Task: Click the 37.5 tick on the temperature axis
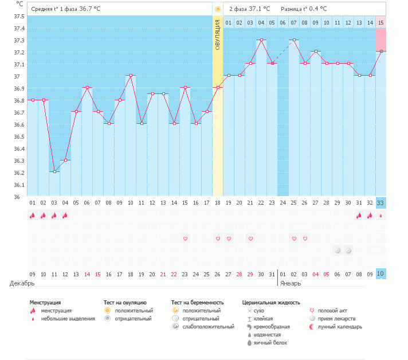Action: (20, 16)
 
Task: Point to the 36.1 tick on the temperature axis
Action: (20, 185)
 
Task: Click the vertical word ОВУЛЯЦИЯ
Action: (218, 34)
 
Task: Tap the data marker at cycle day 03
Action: (54, 171)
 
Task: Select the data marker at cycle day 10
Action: (131, 76)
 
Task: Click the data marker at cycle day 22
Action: (261, 40)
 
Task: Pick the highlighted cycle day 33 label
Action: (381, 202)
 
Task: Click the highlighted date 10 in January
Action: (381, 274)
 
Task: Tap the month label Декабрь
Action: (22, 283)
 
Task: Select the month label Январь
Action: (291, 283)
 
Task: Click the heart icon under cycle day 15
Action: (185, 238)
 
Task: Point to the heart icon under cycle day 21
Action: (250, 238)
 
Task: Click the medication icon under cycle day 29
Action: (338, 251)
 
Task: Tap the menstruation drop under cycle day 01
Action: (33, 216)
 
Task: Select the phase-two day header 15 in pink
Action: (381, 22)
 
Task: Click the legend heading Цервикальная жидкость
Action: (271, 302)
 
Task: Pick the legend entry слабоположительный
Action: (208, 327)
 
